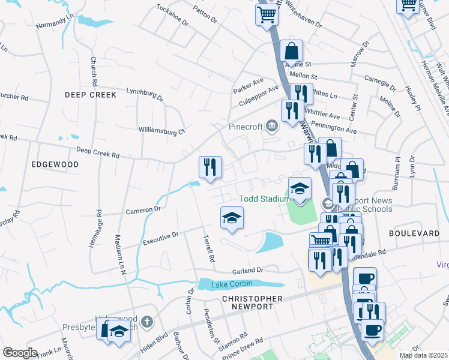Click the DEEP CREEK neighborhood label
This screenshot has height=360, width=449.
click(91, 95)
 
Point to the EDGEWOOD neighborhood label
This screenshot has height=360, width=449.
click(55, 164)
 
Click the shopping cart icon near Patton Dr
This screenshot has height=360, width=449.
click(267, 14)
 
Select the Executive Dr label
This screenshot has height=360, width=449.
click(160, 238)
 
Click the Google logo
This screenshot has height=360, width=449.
click(20, 353)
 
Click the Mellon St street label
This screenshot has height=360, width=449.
click(303, 76)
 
